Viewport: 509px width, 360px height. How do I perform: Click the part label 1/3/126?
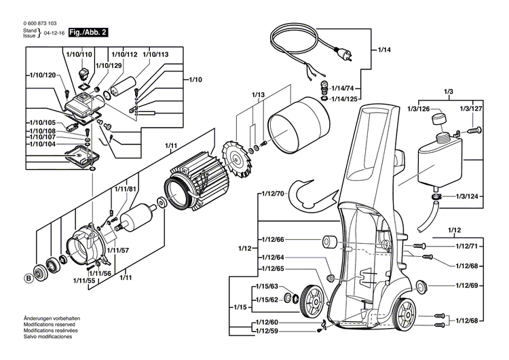419,109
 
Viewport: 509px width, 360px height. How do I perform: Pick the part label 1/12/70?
274,194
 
